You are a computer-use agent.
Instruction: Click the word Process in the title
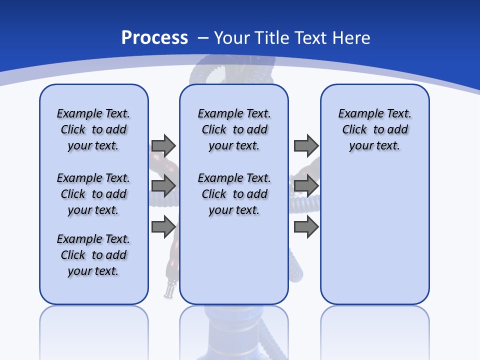(154, 37)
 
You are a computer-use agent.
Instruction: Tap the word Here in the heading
(352, 38)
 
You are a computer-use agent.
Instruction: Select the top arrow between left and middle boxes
(163, 145)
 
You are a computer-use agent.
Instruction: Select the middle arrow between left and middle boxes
(163, 186)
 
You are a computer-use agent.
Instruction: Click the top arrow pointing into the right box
(306, 145)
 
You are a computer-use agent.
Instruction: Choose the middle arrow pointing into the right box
(306, 186)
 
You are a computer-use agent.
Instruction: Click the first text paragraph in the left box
(93, 129)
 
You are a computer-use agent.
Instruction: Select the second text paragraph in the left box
(93, 194)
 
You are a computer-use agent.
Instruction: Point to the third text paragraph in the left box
(93, 255)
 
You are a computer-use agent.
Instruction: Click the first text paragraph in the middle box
(234, 129)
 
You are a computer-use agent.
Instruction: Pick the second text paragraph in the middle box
(234, 194)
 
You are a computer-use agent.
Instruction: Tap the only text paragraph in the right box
(374, 129)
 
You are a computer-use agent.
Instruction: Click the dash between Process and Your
(203, 38)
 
